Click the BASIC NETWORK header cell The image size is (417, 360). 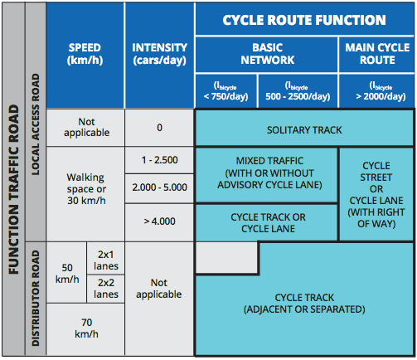point(266,54)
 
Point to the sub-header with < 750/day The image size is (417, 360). point(226,90)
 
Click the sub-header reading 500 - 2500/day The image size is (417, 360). point(297,90)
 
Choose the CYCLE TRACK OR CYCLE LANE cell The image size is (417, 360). point(266,222)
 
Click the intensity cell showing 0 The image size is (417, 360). point(159,128)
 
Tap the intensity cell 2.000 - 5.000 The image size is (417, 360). point(159,188)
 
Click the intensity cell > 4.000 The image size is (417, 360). point(159,221)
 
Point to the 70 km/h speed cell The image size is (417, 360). point(85,328)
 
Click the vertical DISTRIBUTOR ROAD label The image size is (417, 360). point(36,298)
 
